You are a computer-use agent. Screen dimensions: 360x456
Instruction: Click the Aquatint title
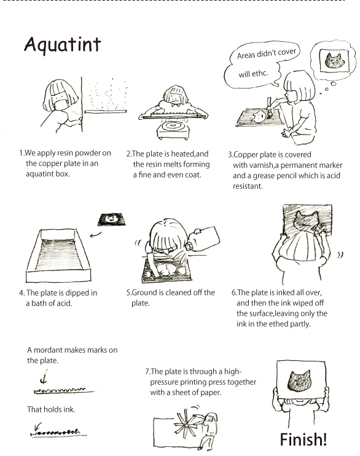[63, 45]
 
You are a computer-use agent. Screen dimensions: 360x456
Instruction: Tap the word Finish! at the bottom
[303, 439]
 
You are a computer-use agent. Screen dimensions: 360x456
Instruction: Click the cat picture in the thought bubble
[334, 60]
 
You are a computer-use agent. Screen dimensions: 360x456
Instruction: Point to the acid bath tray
[58, 255]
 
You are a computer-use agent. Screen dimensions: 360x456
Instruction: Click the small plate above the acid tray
[112, 219]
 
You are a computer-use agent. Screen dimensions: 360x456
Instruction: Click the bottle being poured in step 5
[203, 238]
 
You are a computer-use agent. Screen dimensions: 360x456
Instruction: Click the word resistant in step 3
[248, 186]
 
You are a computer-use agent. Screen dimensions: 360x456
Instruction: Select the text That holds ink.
[51, 409]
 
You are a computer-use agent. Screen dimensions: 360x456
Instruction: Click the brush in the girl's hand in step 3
[270, 107]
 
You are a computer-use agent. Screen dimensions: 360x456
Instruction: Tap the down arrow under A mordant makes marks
[44, 377]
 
